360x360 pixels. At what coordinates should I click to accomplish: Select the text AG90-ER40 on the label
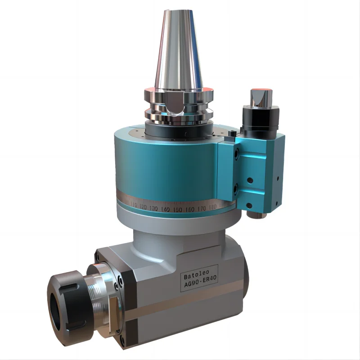point(201,285)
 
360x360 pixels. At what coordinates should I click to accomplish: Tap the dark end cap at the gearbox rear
point(246,288)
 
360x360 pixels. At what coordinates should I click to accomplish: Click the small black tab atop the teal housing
point(232,134)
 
